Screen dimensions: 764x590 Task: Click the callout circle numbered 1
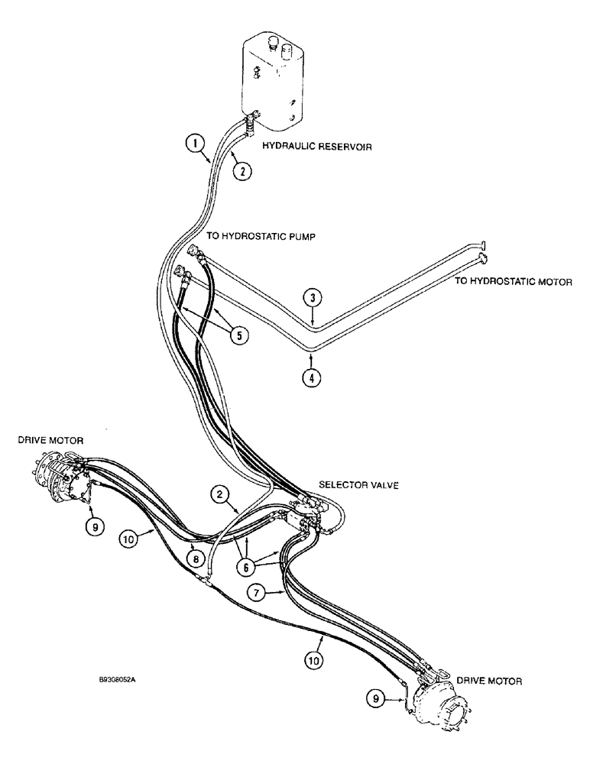point(197,142)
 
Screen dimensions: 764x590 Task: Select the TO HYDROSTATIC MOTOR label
point(513,281)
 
